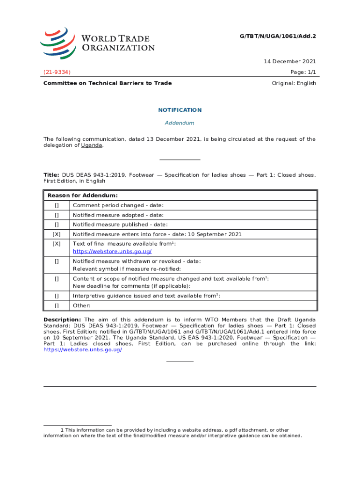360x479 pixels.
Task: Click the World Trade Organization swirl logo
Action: [x=58, y=43]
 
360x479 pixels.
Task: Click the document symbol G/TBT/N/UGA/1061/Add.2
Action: [x=277, y=36]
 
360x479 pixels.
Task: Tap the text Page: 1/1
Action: [x=303, y=72]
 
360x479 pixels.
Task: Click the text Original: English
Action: [x=294, y=83]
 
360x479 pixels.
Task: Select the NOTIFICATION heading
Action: [x=180, y=110]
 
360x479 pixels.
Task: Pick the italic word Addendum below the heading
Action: [x=180, y=123]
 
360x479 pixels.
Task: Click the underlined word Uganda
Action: [x=92, y=145]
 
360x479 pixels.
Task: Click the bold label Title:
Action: [x=51, y=175]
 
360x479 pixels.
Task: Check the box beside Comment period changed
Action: [x=57, y=205]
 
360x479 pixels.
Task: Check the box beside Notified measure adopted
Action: [x=57, y=215]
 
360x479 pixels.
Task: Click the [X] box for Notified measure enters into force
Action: [x=57, y=234]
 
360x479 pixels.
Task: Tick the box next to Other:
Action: [x=57, y=305]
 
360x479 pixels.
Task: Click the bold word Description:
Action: [x=62, y=319]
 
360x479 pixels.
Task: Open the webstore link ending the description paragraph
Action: [x=83, y=350]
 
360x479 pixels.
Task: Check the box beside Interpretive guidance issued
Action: [x=57, y=296]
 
